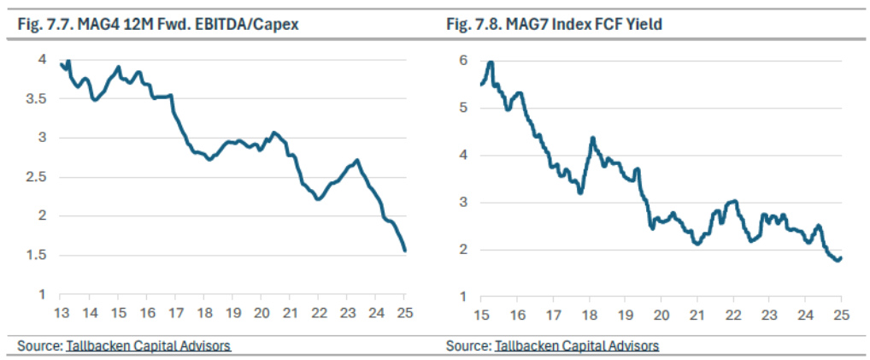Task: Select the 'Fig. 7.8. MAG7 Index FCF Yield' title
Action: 554,25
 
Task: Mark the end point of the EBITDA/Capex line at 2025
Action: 405,251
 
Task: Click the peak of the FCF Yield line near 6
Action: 491,62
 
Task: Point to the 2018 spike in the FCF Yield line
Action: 592,138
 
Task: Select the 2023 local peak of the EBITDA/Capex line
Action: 356,161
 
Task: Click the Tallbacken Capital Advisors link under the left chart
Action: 148,346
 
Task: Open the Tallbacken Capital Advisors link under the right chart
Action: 577,346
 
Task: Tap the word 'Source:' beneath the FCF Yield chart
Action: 468,346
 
